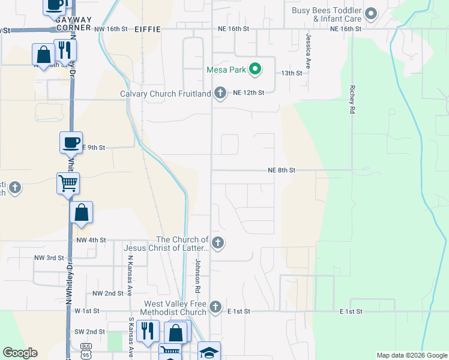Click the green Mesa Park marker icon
pyautogui.click(x=255, y=70)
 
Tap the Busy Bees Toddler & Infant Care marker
pyautogui.click(x=371, y=13)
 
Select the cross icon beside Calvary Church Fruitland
pyautogui.click(x=220, y=93)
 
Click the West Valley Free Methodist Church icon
pyautogui.click(x=216, y=308)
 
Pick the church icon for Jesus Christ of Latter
pyautogui.click(x=218, y=244)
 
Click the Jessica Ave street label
pyautogui.click(x=308, y=52)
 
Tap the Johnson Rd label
pyautogui.click(x=196, y=277)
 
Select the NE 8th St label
pyautogui.click(x=282, y=170)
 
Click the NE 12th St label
pyautogui.click(x=249, y=92)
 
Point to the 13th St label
pyautogui.click(x=292, y=73)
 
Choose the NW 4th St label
pyautogui.click(x=91, y=240)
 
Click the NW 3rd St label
pyautogui.click(x=49, y=258)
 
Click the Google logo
pyautogui.click(x=20, y=353)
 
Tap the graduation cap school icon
pyautogui.click(x=209, y=351)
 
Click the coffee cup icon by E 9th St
pyautogui.click(x=71, y=143)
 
